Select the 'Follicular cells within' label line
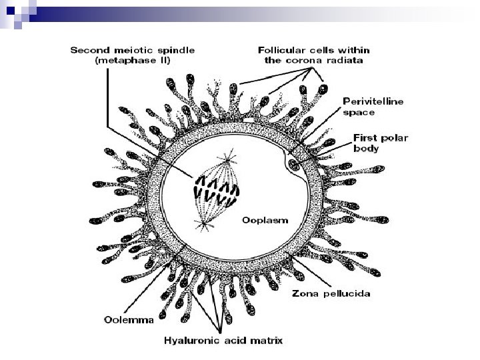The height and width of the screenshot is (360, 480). pyautogui.click(x=313, y=49)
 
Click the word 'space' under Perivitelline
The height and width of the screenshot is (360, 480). pyautogui.click(x=359, y=113)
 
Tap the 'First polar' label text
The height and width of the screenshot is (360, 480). pyautogui.click(x=379, y=138)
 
